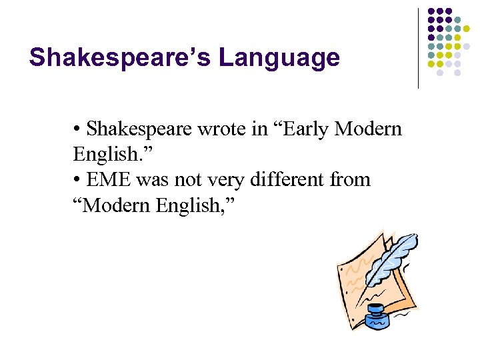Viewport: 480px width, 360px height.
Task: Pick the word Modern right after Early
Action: (368, 128)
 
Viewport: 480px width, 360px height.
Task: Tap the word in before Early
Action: (259, 128)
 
